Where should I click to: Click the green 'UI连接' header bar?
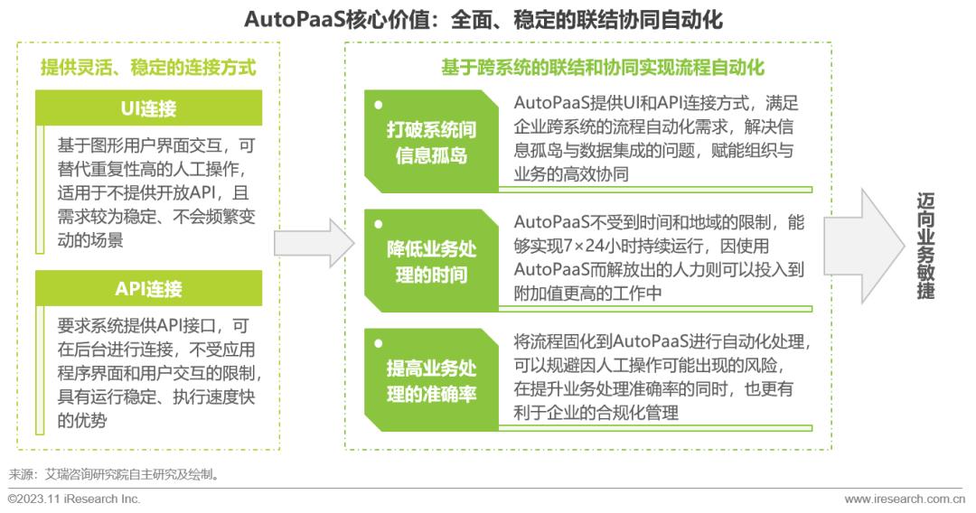148,107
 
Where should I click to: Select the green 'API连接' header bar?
148,288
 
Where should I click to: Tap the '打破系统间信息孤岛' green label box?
431,142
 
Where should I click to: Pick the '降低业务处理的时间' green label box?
431,261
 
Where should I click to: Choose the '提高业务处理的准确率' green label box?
431,380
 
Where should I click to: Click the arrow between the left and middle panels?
314,243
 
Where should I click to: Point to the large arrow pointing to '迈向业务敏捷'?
864,247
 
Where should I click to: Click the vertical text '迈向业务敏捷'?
925,247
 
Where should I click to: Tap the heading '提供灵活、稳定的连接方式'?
148,67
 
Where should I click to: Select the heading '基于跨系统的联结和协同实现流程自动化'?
603,67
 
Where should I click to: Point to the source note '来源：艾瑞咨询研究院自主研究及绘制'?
115,474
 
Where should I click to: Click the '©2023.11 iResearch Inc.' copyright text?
74,499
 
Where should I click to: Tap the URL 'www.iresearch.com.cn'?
905,499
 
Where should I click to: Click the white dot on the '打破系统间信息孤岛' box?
379,105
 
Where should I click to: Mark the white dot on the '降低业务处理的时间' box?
379,225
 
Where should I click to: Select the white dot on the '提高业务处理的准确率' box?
379,344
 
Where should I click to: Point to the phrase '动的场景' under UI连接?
90,240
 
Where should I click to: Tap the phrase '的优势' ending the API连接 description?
82,420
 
